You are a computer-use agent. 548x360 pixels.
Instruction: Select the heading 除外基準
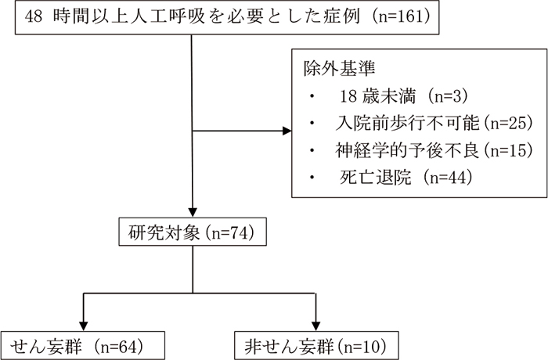(x=339, y=68)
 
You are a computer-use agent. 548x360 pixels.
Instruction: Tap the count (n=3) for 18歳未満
(x=448, y=96)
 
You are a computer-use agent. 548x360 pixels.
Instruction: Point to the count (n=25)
(x=508, y=123)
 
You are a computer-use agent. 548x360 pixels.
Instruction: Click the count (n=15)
(x=508, y=150)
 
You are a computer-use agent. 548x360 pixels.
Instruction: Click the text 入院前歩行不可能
(x=408, y=123)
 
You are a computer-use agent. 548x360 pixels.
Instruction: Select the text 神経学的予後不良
(x=408, y=150)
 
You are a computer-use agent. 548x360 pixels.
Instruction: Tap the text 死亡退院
(x=375, y=178)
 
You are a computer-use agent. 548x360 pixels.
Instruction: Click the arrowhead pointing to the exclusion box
(x=287, y=131)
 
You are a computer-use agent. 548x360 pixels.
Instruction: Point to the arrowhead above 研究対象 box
(x=193, y=213)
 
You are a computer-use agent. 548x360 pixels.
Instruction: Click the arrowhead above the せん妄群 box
(x=83, y=326)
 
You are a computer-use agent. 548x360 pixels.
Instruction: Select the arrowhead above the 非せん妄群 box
(x=316, y=326)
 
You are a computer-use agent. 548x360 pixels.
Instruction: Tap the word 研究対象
(x=164, y=232)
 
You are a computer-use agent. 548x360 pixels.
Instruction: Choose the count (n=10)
(x=362, y=347)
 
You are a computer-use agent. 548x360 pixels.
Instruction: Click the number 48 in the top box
(x=34, y=16)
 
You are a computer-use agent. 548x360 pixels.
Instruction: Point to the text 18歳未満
(x=378, y=96)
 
